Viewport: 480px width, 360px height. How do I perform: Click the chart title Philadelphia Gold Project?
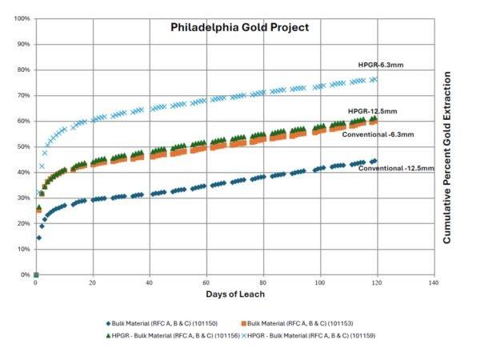click(239, 27)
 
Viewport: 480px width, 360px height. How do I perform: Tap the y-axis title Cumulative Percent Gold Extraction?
click(447, 158)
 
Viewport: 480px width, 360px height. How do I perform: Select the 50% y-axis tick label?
click(23, 146)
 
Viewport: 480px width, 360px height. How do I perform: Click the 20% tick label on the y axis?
click(23, 223)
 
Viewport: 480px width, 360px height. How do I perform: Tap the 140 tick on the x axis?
click(434, 282)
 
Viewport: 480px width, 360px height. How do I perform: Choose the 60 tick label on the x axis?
click(206, 282)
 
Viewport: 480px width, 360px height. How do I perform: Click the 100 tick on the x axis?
click(320, 282)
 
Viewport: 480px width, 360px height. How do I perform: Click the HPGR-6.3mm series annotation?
click(383, 65)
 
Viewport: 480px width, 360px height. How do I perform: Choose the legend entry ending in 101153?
click(285, 324)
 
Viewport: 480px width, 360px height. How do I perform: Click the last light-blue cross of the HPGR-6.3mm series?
click(374, 79)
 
